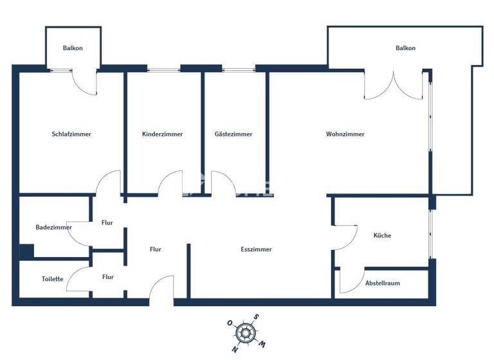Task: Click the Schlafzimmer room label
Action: coord(71,134)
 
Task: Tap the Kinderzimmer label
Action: coord(163,134)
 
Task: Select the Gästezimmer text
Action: coord(233,134)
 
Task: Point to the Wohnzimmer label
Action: coord(345,134)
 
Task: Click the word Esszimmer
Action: coord(257,249)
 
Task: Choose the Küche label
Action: coord(382,235)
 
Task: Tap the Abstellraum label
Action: coord(383,283)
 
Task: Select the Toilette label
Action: coord(52,279)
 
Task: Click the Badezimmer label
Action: coord(53,227)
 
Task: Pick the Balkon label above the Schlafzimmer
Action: coord(73,48)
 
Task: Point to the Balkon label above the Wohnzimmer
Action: coord(405,48)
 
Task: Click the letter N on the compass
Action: coord(235,350)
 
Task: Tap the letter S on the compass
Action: coord(256,317)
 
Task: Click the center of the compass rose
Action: coord(245,333)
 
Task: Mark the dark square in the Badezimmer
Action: coord(26,251)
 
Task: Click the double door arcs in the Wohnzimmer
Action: coord(394,86)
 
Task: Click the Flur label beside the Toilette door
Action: coord(108,277)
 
